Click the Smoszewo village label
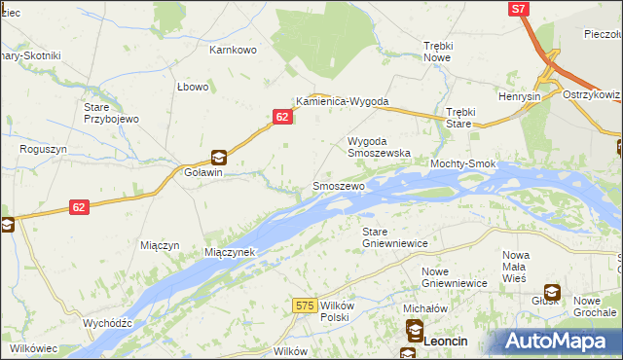point(338,185)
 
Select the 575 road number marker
point(304,306)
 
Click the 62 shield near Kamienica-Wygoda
point(280,117)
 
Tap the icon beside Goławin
point(220,157)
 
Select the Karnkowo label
point(233,49)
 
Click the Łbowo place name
point(193,87)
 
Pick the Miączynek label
point(229,252)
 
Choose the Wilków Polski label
point(334,311)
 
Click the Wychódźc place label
point(107,322)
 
